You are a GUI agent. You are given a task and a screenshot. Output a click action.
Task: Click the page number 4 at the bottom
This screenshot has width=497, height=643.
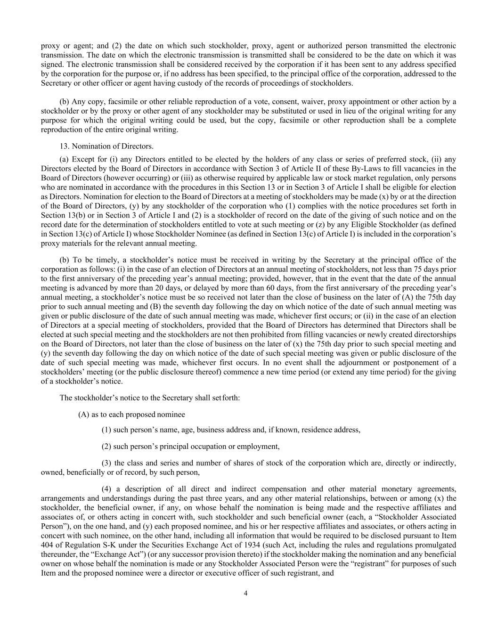click(245, 593)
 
